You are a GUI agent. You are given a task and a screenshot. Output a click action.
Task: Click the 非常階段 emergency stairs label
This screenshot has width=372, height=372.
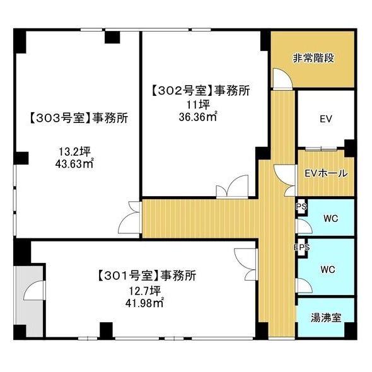(313, 59)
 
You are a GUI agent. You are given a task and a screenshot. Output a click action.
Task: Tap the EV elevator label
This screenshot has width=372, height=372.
(325, 119)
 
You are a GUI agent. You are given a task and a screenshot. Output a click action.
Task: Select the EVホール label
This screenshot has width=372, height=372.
(325, 173)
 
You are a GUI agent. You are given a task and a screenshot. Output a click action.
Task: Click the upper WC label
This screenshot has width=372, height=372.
(329, 218)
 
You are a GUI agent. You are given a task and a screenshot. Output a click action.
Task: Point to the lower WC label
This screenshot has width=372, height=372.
(327, 269)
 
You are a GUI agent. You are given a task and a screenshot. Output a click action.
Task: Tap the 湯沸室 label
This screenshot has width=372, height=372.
(326, 317)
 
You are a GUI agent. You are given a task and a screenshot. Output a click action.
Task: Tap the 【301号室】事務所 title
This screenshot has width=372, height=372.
(147, 275)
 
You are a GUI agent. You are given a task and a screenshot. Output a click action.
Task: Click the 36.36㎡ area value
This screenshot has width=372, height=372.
(198, 116)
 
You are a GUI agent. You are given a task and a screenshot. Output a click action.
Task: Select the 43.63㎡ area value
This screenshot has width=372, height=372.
(74, 165)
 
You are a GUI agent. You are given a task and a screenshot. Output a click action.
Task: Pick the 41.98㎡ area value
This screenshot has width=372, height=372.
(147, 301)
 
